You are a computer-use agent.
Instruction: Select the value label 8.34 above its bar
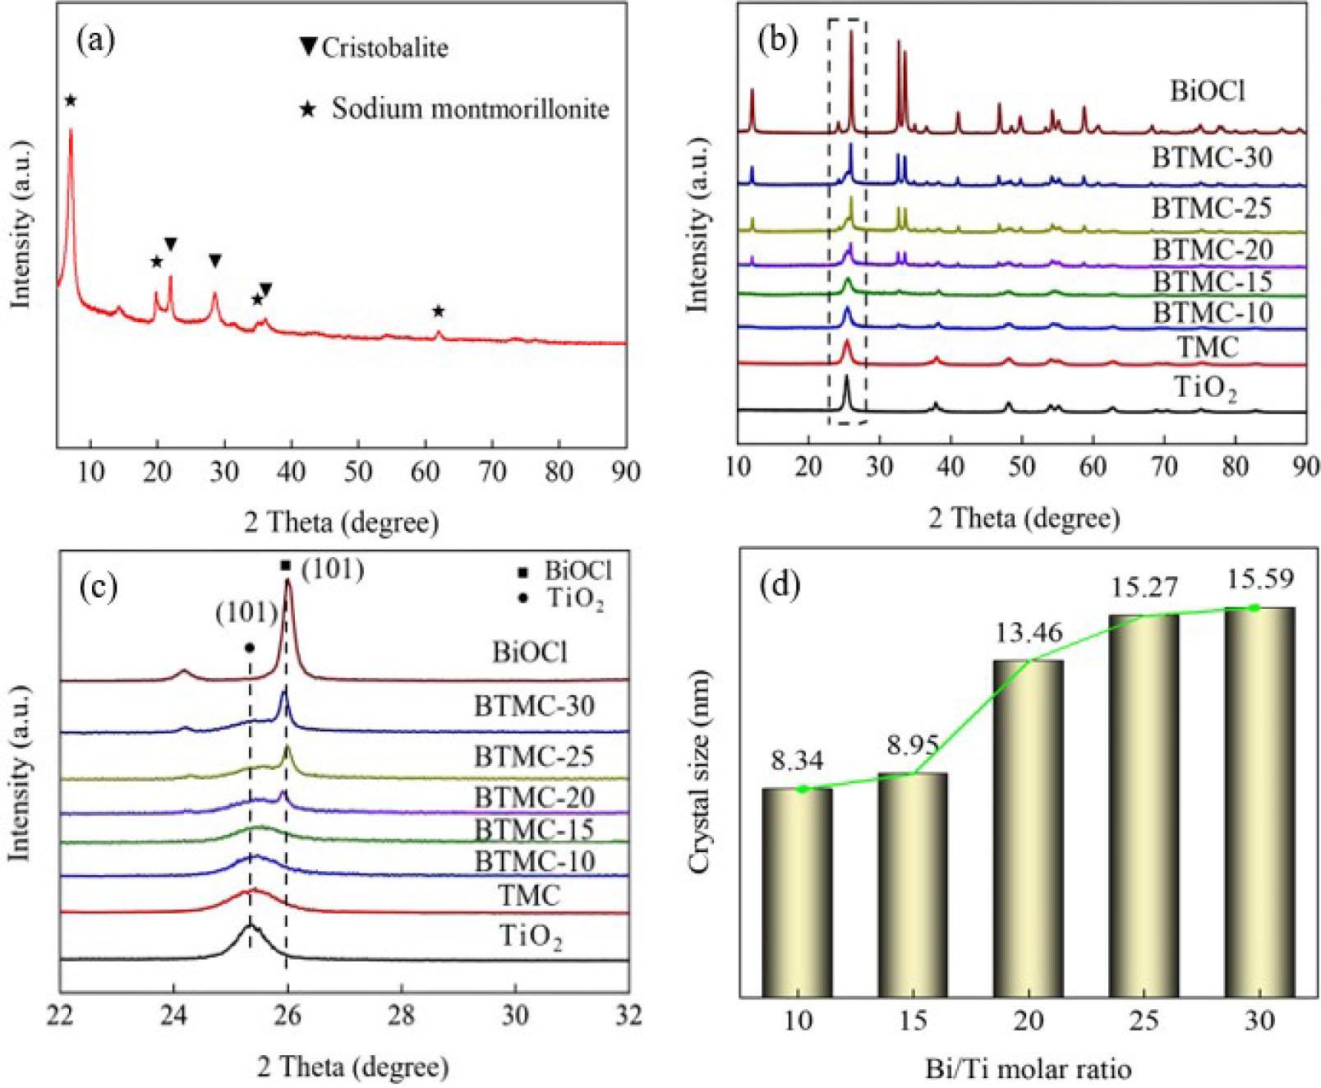coord(796,761)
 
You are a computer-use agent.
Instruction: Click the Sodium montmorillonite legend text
coord(470,108)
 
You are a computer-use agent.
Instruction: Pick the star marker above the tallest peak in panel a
coord(71,100)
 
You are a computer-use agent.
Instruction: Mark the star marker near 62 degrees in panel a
coord(439,311)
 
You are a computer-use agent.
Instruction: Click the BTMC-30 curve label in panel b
coord(1212,157)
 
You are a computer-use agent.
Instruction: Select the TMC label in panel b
coord(1208,347)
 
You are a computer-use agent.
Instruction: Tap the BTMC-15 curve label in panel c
coord(534,830)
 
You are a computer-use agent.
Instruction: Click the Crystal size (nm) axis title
coord(700,772)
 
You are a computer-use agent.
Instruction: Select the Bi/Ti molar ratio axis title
coord(1028,1069)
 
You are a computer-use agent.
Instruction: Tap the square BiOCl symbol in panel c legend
coord(523,571)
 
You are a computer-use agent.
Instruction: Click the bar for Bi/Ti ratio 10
coord(797,892)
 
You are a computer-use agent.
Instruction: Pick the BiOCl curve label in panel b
coord(1208,90)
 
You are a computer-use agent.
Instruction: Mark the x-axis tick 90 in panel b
coord(1305,466)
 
